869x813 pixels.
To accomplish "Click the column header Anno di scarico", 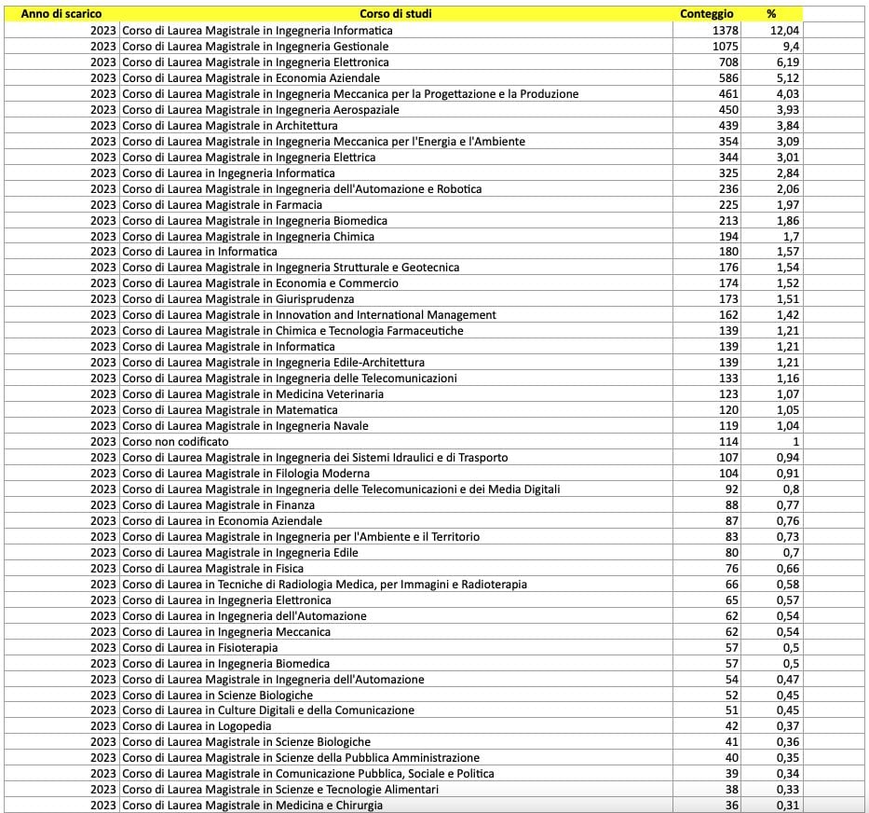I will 61,14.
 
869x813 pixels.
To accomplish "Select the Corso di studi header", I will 395,14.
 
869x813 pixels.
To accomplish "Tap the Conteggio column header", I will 706,14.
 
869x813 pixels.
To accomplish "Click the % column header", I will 771,14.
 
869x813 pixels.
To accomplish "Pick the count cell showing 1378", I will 725,30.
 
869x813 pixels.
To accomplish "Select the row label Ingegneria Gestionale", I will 256,46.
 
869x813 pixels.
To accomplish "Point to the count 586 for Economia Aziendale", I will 728,77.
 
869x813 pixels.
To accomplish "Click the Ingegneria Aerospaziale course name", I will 261,109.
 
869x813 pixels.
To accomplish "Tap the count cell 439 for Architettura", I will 728,125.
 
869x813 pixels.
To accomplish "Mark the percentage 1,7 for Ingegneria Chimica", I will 791,236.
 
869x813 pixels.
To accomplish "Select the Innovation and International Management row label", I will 309,315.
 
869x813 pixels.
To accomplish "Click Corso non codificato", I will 175,441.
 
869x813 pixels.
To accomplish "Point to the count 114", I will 728,441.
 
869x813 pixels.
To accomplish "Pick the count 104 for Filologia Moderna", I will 728,473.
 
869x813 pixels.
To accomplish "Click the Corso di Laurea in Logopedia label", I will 197,725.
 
